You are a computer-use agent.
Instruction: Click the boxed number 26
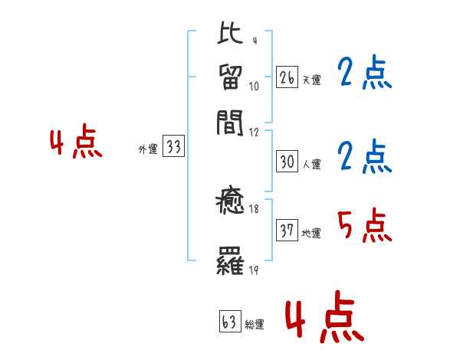(287, 77)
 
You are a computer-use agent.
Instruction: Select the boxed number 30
(287, 162)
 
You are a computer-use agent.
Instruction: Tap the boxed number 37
(287, 231)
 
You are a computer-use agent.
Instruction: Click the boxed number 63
(229, 322)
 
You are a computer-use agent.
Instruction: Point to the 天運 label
(310, 79)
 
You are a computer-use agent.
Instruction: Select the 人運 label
(310, 163)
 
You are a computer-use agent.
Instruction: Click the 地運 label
(310, 233)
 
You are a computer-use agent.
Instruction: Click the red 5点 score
(364, 225)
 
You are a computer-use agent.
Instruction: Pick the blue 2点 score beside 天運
(364, 74)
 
